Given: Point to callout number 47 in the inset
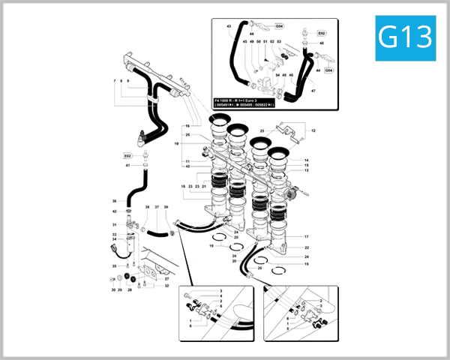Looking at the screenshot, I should tap(314, 91).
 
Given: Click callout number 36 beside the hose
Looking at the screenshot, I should tap(114, 201).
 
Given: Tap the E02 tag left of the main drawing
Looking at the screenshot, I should tap(127, 155).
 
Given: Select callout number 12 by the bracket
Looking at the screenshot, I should tap(314, 131).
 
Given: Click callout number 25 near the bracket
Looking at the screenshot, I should tap(262, 130).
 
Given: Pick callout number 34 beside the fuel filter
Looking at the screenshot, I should tap(114, 239).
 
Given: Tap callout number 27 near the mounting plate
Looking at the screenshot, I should tap(166, 279).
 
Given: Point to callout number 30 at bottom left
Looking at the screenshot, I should tap(112, 289).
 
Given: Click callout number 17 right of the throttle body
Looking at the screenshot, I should tap(306, 237).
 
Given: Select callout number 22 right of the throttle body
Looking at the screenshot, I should tap(306, 247).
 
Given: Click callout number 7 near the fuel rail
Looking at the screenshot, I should tap(115, 80).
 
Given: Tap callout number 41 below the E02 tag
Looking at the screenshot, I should tap(127, 165).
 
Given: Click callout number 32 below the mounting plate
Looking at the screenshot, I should tap(166, 286).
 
